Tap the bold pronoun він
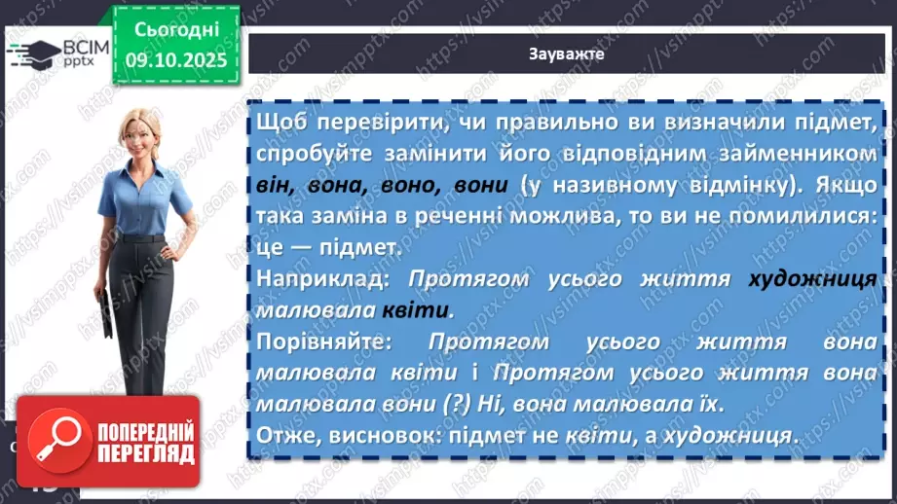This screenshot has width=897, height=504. click(x=274, y=186)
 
